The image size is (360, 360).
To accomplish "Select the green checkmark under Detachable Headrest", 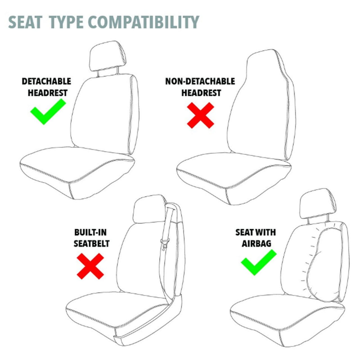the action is pos(48,112).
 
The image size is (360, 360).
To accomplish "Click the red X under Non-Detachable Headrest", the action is pos(201,115).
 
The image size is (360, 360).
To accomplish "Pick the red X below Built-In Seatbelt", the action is pos(90,266).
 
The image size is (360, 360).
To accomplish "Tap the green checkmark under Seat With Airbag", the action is pos(258,262).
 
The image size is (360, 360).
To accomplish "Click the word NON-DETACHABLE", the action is pos(200,82).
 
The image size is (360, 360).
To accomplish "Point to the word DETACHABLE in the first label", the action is pos(46,81).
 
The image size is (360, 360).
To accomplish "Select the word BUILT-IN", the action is pos(90,232).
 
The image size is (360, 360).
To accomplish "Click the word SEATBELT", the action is pos(91,244).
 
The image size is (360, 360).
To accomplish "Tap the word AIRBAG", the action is pos(256,244).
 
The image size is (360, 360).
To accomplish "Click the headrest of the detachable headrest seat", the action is pos(108,56).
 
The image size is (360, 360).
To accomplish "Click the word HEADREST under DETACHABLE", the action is pos(48,93).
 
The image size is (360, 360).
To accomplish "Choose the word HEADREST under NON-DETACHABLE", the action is pos(201,93).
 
